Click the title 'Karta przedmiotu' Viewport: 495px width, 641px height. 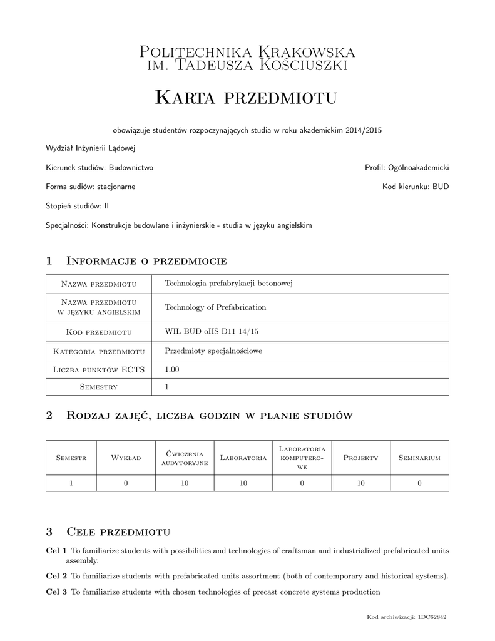pyautogui.click(x=246, y=98)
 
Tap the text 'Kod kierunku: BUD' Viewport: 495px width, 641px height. pyautogui.click(x=416, y=187)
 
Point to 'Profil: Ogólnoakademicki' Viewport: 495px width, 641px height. pyautogui.click(x=407, y=168)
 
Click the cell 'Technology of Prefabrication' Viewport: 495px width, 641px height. pyautogui.click(x=215, y=307)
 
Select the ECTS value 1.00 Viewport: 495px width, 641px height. pyautogui.click(x=172, y=369)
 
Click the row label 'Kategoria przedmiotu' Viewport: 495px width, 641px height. pyautogui.click(x=99, y=351)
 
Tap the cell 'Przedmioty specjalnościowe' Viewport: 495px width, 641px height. pyautogui.click(x=213, y=351)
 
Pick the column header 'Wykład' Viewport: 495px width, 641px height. pyautogui.click(x=126, y=458)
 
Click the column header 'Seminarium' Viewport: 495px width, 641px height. pyautogui.click(x=419, y=458)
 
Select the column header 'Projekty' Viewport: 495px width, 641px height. pyautogui.click(x=361, y=458)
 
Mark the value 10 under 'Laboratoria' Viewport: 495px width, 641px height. pyautogui.click(x=243, y=483)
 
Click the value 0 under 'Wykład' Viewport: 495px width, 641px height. pyautogui.click(x=126, y=483)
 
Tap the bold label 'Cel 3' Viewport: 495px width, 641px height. pyautogui.click(x=56, y=592)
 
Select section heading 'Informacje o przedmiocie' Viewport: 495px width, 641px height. pyautogui.click(x=146, y=260)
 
